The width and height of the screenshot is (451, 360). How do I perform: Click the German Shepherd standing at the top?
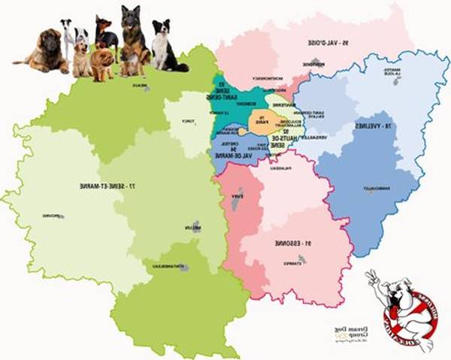pyautogui.click(x=135, y=38)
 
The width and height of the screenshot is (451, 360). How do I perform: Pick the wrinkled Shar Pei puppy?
pyautogui.click(x=101, y=63)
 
